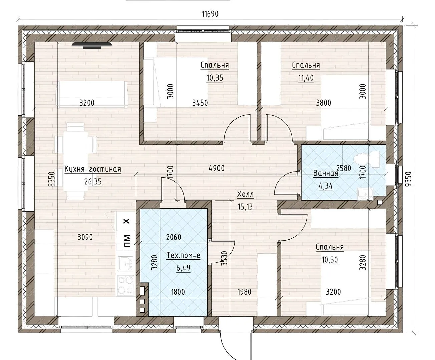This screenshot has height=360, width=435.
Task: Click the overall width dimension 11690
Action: [x=210, y=14]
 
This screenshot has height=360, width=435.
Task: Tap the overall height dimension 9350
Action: [x=409, y=179]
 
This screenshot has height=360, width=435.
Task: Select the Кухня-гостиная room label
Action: [x=93, y=169]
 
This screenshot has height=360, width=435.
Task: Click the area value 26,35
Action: [x=93, y=182]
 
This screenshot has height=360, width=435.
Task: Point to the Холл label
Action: [x=245, y=194]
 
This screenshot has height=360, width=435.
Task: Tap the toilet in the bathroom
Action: [x=367, y=159]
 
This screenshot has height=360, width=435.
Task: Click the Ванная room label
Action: [x=326, y=173]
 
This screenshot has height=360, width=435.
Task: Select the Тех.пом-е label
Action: [x=183, y=255]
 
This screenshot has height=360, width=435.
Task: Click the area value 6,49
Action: [x=183, y=268]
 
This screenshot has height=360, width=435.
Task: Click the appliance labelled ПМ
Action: [x=126, y=241]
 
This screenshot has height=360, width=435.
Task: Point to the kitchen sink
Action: [x=126, y=264]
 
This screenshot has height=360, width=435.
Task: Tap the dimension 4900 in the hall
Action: [x=217, y=168]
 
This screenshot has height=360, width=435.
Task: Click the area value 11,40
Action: [x=306, y=78]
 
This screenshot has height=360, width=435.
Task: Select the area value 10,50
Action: [x=330, y=260]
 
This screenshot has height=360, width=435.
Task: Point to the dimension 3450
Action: [x=200, y=103]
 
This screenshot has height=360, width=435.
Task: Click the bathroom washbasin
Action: [x=366, y=194]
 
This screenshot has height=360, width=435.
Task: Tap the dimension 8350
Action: [x=51, y=179]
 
